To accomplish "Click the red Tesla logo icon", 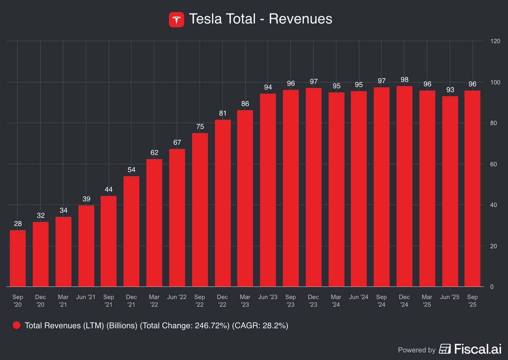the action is (177, 20).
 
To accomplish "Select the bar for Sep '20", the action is (18, 258).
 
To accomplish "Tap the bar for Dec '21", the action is (131, 231).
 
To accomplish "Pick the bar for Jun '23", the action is (268, 190).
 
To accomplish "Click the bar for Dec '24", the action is (404, 186).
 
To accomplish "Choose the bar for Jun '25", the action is (450, 192).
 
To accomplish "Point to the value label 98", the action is (404, 80).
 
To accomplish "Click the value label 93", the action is (450, 90).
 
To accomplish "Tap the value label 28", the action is (18, 224).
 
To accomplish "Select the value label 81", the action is (223, 113).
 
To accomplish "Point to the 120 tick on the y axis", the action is (495, 41).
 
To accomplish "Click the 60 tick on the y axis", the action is (494, 164).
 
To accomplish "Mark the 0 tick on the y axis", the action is (491, 287).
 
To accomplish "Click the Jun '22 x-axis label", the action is (177, 297).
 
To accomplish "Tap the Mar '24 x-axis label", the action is (336, 301).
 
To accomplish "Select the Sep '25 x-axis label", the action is (472, 301).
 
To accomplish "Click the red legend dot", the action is (17, 325).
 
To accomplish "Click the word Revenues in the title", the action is (301, 19).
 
